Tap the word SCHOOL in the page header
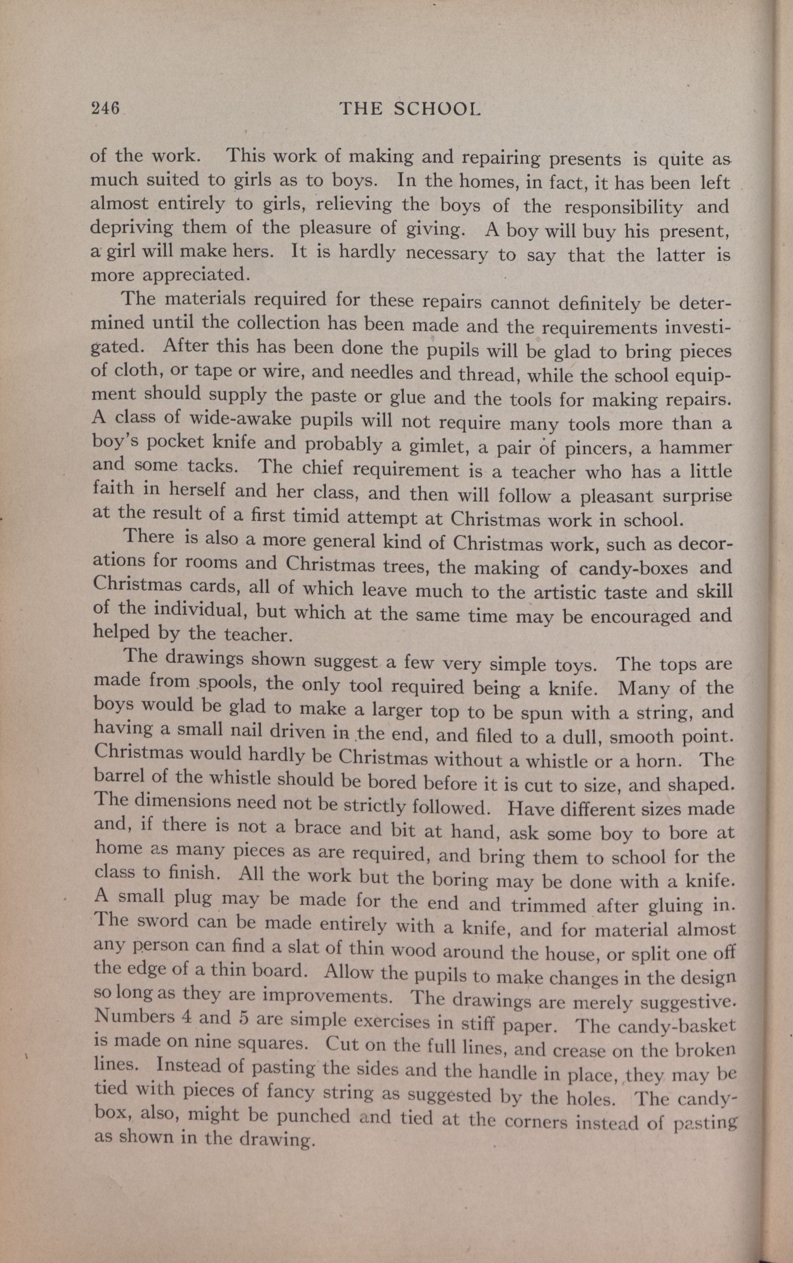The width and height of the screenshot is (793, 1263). pos(437,108)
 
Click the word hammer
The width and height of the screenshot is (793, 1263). pos(695,448)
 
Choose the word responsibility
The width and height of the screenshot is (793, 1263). pos(623,207)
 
